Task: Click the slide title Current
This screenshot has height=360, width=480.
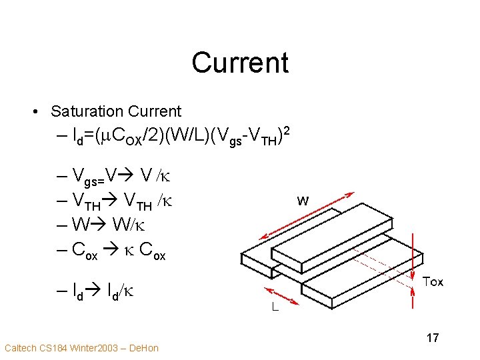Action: (x=240, y=63)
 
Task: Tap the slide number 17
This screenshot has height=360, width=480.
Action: (x=433, y=338)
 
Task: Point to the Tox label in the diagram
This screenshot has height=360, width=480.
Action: (x=433, y=281)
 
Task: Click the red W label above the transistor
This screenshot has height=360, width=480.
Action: (x=302, y=200)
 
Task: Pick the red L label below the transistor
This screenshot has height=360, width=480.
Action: (x=275, y=309)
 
